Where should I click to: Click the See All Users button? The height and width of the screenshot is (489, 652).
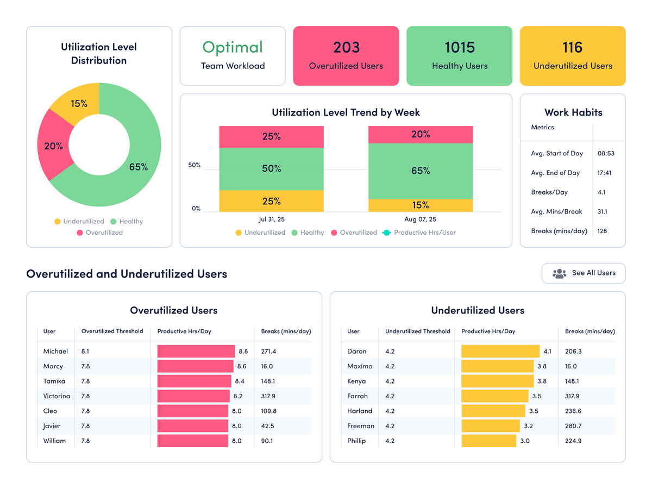pyautogui.click(x=584, y=273)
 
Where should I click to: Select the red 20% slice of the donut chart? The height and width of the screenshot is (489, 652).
pyautogui.click(x=53, y=146)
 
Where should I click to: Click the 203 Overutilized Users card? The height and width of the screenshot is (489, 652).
pyautogui.click(x=346, y=56)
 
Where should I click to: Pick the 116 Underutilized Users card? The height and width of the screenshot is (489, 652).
pyautogui.click(x=573, y=56)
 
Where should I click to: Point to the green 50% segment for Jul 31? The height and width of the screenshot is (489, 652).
pyautogui.click(x=271, y=168)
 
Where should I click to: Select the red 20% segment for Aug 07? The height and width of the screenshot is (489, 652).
pyautogui.click(x=421, y=134)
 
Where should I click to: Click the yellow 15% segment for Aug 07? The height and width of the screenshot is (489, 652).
pyautogui.click(x=421, y=205)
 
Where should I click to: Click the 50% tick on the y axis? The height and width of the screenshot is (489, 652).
pyautogui.click(x=195, y=165)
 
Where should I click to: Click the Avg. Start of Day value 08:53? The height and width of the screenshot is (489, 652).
pyautogui.click(x=606, y=153)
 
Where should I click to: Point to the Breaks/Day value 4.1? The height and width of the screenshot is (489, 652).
pyautogui.click(x=601, y=192)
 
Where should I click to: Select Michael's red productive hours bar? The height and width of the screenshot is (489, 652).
pyautogui.click(x=196, y=352)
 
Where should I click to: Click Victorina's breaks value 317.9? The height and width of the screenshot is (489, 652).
pyautogui.click(x=268, y=396)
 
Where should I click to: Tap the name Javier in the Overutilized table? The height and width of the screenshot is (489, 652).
pyautogui.click(x=52, y=426)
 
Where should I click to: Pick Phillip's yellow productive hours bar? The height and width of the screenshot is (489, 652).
pyautogui.click(x=488, y=441)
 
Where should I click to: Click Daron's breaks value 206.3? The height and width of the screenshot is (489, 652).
pyautogui.click(x=573, y=352)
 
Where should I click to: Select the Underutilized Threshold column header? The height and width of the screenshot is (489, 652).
pyautogui.click(x=417, y=331)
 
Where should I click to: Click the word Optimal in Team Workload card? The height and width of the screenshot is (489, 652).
pyautogui.click(x=233, y=48)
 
